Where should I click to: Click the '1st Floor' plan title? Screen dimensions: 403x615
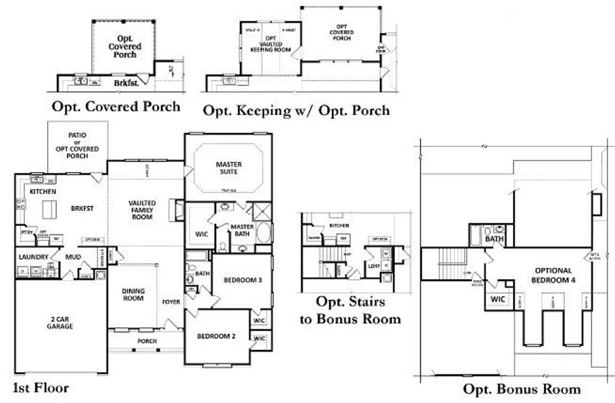41,388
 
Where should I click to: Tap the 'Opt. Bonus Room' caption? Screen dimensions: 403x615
521,389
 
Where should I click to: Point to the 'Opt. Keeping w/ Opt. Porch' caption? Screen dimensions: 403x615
295,110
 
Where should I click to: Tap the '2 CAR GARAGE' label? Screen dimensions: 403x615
60,322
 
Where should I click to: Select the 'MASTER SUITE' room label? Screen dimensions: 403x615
228,168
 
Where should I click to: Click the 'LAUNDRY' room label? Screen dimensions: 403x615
34,257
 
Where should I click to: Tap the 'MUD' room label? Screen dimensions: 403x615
73,257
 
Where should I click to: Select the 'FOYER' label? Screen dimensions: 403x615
171,302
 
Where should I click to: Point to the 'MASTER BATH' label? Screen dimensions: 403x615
242,230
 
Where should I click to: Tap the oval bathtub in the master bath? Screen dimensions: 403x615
264,235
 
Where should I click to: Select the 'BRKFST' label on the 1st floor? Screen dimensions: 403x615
80,209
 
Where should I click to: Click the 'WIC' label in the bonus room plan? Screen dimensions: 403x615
498,299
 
